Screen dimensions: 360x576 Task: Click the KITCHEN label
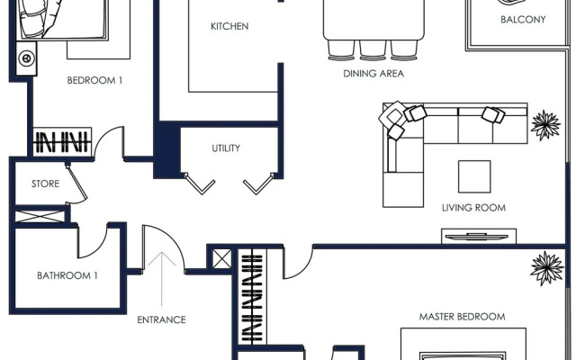click(229, 26)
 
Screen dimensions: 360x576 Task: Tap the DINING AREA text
click(373, 74)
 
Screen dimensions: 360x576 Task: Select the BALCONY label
click(523, 19)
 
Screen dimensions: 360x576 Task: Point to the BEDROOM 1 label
click(94, 80)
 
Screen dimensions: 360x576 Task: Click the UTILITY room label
click(226, 148)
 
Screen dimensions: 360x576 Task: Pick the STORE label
click(45, 184)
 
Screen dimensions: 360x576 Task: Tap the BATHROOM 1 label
click(67, 275)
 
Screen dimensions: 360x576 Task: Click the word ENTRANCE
click(161, 319)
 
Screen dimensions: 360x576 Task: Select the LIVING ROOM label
click(473, 208)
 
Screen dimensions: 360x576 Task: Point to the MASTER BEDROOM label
click(462, 317)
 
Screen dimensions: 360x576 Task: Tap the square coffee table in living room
click(474, 176)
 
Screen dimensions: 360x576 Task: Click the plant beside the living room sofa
click(544, 124)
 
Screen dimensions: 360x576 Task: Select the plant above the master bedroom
click(546, 267)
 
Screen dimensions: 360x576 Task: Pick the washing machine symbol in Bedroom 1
click(27, 58)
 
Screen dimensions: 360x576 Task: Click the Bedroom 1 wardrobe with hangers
click(62, 142)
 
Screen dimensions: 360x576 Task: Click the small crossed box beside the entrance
click(220, 258)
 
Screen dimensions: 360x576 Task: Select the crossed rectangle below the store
click(41, 216)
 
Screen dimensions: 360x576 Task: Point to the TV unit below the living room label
click(478, 237)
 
